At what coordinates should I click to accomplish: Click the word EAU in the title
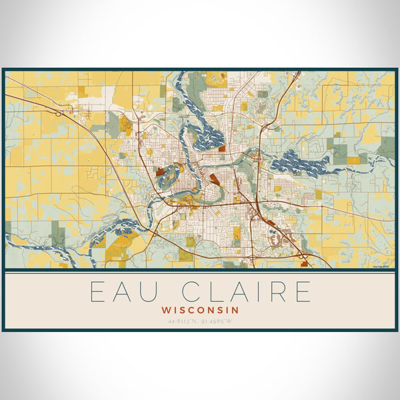point(121,292)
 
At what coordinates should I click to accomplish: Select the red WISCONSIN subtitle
point(200,310)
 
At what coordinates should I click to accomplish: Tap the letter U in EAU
point(147,292)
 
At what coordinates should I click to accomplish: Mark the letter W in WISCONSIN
point(166,310)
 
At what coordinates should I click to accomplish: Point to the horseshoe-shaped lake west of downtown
point(169,175)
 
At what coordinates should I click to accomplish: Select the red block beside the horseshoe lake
point(160,171)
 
